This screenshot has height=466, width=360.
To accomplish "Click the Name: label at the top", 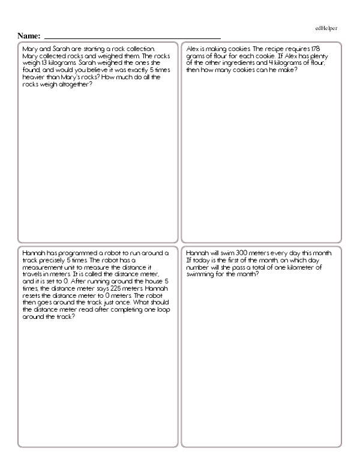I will click(x=29, y=35).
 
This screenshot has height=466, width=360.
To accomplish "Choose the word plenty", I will click(x=330, y=55).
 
